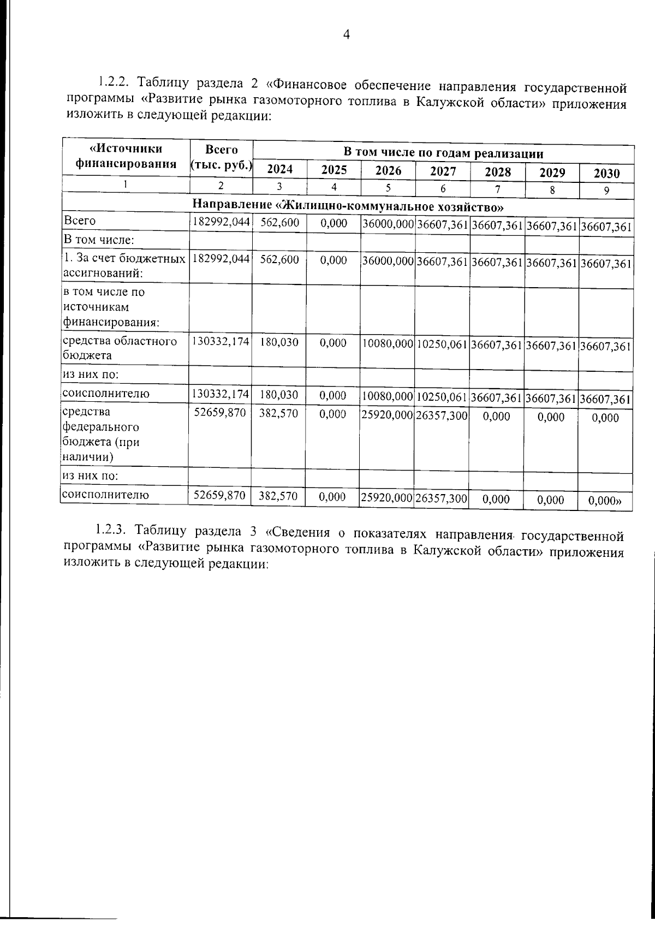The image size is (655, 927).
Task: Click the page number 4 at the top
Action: click(346, 35)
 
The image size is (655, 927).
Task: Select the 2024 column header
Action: click(279, 170)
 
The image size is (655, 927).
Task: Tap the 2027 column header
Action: click(443, 171)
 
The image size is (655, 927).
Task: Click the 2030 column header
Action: click(606, 174)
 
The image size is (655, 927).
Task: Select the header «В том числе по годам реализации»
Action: click(443, 152)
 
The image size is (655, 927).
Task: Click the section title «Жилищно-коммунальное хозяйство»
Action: click(347, 206)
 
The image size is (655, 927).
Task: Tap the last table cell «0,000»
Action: click(607, 500)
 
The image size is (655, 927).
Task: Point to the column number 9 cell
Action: click(606, 191)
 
